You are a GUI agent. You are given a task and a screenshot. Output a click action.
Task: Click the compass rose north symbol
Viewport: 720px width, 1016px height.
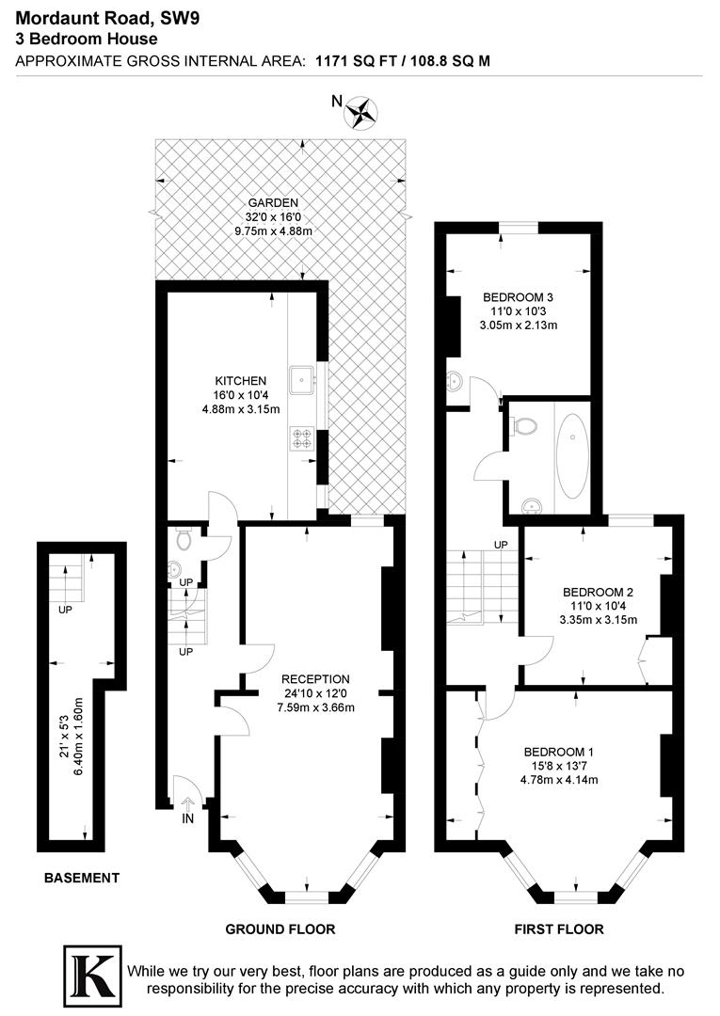click(x=361, y=113)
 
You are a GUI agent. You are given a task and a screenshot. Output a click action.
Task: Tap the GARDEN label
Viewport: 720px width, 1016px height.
click(x=273, y=202)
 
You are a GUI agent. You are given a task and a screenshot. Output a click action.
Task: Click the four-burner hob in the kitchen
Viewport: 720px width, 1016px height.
click(x=303, y=437)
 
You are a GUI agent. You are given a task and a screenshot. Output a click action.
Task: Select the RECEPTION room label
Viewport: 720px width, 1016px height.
click(x=315, y=679)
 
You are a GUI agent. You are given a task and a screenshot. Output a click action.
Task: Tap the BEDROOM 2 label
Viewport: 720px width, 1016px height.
click(x=599, y=592)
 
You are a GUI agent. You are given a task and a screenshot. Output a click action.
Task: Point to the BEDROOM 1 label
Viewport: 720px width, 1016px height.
click(x=559, y=752)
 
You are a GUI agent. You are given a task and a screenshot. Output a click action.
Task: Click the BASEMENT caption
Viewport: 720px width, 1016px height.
click(x=82, y=878)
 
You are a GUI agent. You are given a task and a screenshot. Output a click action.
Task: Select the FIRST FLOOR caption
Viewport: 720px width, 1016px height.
click(x=559, y=929)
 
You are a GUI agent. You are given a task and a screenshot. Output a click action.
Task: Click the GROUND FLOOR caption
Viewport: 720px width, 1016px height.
click(x=280, y=929)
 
